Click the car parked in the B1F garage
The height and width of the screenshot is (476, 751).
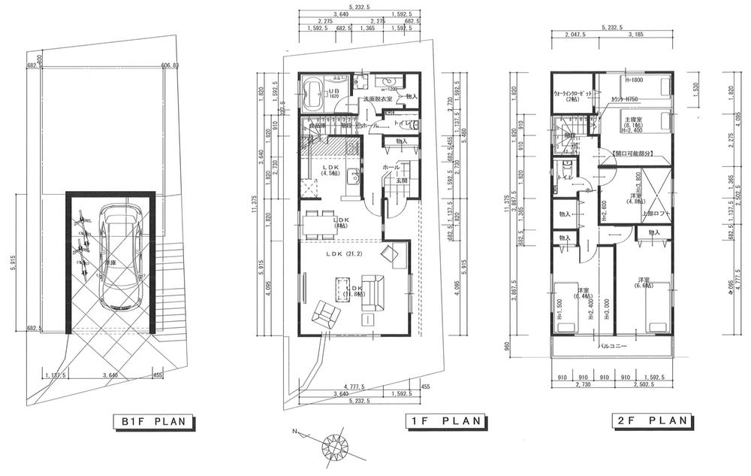coord(120,258)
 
